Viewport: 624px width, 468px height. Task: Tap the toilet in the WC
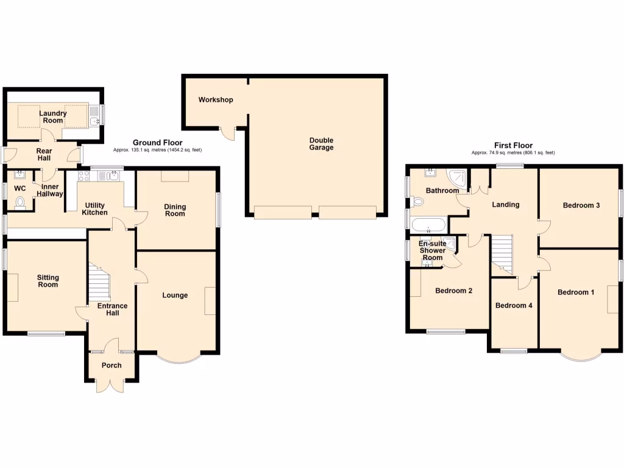click(20, 202)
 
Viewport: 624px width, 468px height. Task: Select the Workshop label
click(215, 99)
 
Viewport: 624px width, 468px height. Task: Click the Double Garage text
click(321, 144)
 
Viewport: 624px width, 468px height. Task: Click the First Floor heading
click(512, 146)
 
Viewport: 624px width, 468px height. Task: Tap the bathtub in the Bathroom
click(429, 224)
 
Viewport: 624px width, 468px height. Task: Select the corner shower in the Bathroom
click(458, 178)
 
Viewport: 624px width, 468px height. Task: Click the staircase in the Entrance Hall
click(100, 283)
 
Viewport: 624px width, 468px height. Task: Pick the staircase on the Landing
click(502, 253)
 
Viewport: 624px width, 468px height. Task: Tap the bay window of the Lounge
click(177, 359)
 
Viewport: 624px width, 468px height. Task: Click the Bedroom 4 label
click(514, 305)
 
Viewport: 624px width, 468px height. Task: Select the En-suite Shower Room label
click(433, 250)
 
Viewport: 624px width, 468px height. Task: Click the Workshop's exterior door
click(228, 132)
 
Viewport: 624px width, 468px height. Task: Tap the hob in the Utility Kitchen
click(84, 177)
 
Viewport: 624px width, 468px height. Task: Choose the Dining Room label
click(175, 210)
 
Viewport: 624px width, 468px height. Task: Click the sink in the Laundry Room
click(94, 121)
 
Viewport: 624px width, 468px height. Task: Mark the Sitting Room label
click(48, 281)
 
